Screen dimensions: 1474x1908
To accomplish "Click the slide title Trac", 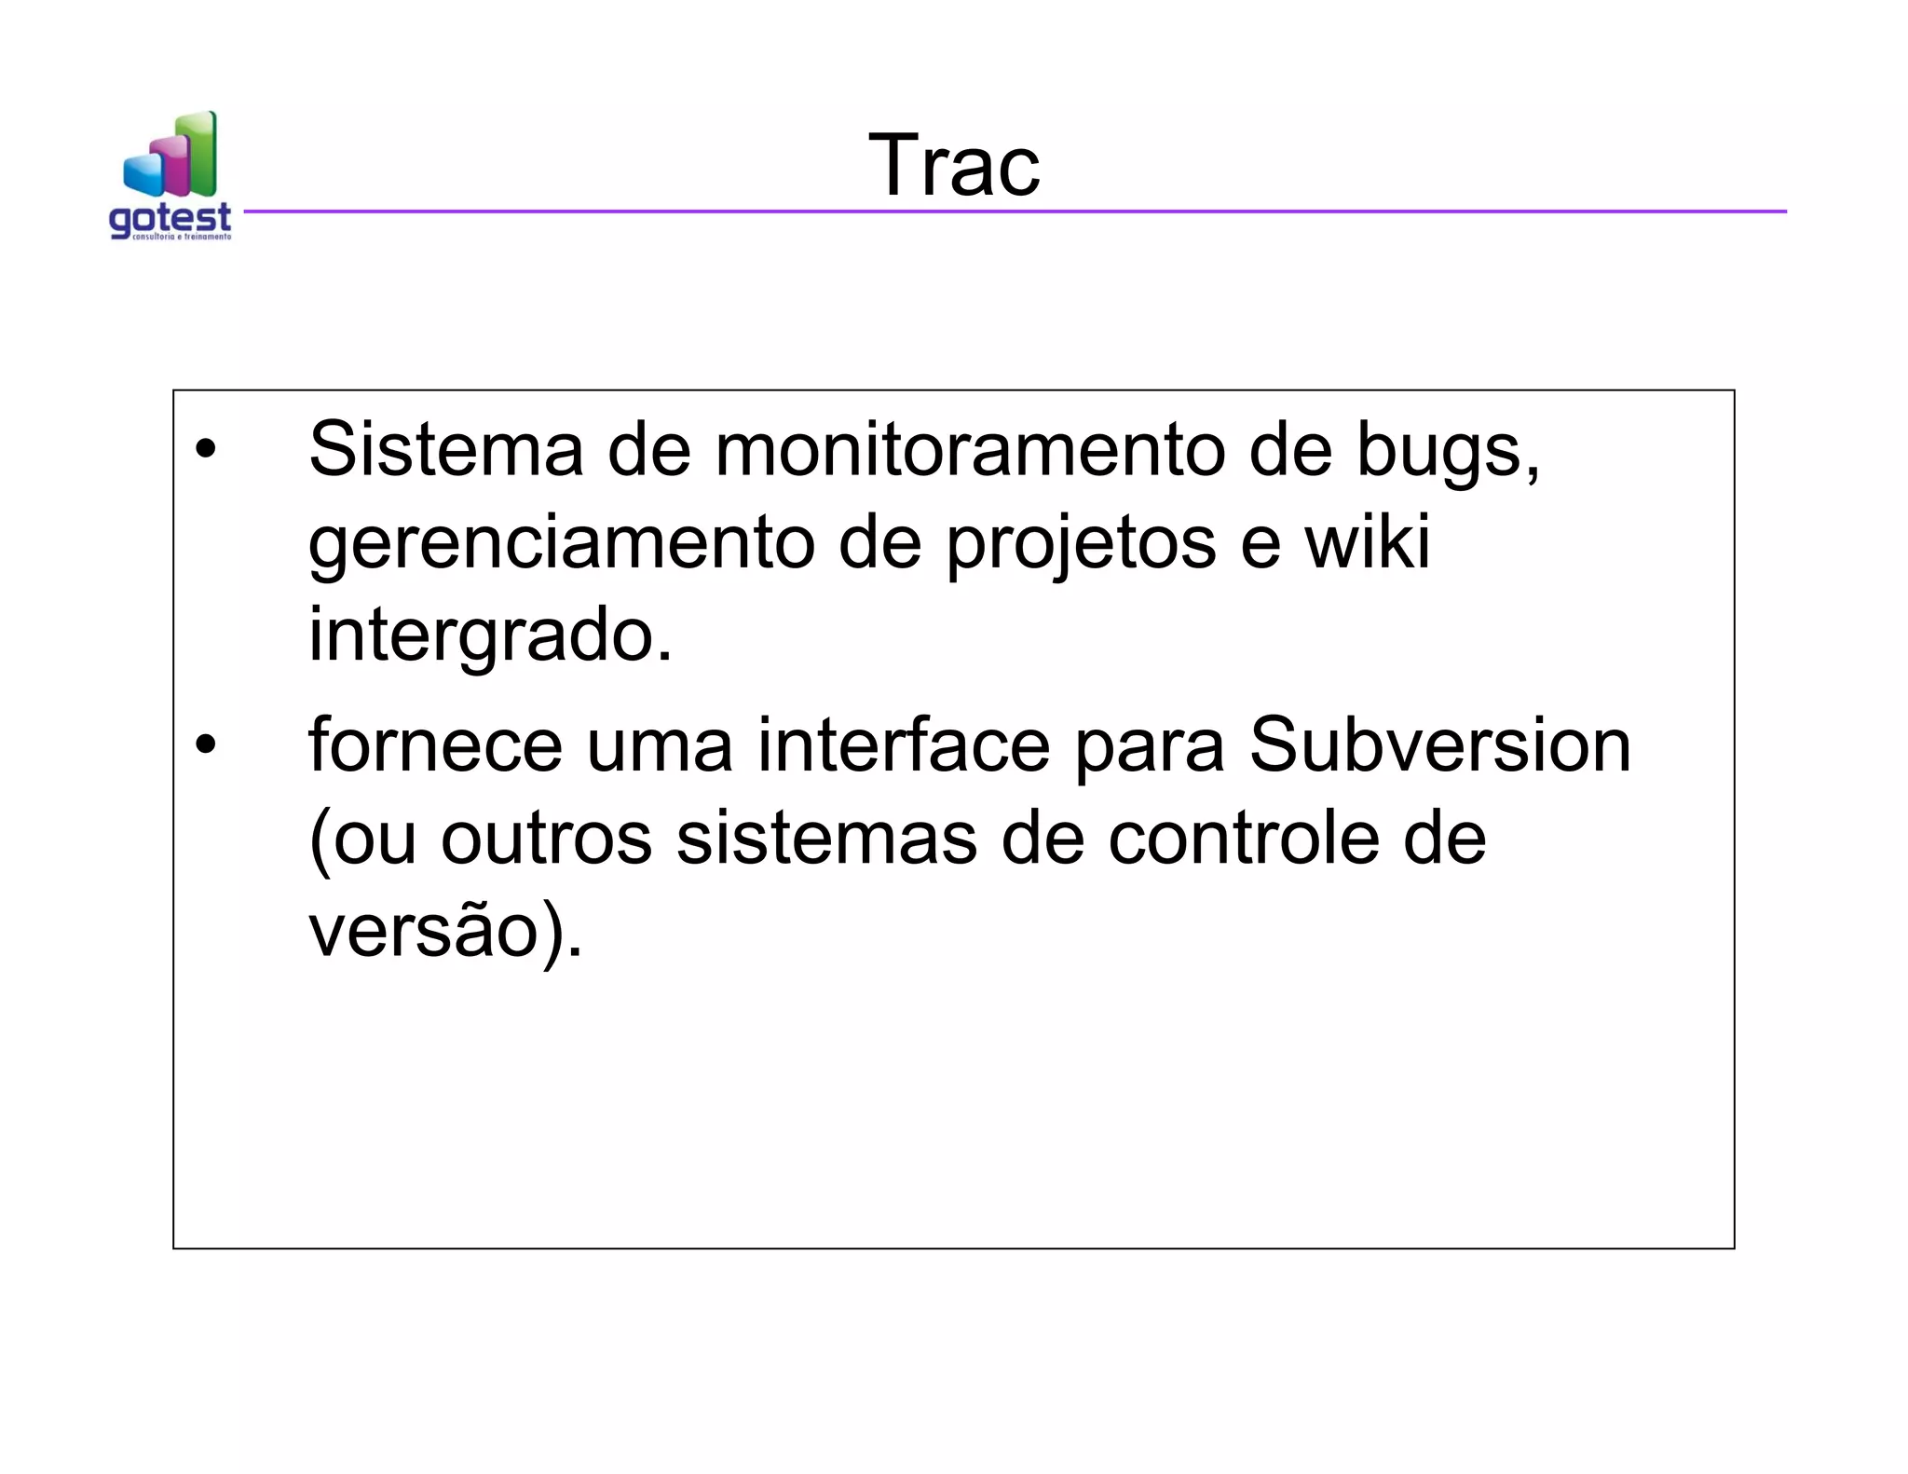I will point(954,165).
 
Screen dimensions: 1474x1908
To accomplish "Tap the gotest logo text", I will point(170,219).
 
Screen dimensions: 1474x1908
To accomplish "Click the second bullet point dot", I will point(205,745).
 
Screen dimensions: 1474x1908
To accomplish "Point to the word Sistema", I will point(445,449).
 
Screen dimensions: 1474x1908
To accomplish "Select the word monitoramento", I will point(969,449).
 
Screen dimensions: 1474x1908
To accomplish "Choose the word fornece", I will point(435,745).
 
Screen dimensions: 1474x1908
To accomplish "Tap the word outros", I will point(546,839).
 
